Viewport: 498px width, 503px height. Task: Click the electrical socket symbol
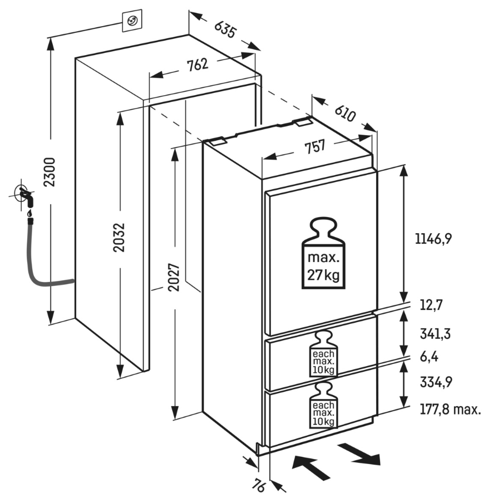click(x=132, y=22)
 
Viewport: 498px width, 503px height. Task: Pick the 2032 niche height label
click(x=119, y=238)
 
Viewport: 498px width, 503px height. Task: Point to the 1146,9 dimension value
click(x=433, y=239)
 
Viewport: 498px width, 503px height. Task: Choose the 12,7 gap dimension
click(x=428, y=305)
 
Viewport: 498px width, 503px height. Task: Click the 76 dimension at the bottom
click(x=257, y=485)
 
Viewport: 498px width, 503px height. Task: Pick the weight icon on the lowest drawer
click(x=323, y=406)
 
